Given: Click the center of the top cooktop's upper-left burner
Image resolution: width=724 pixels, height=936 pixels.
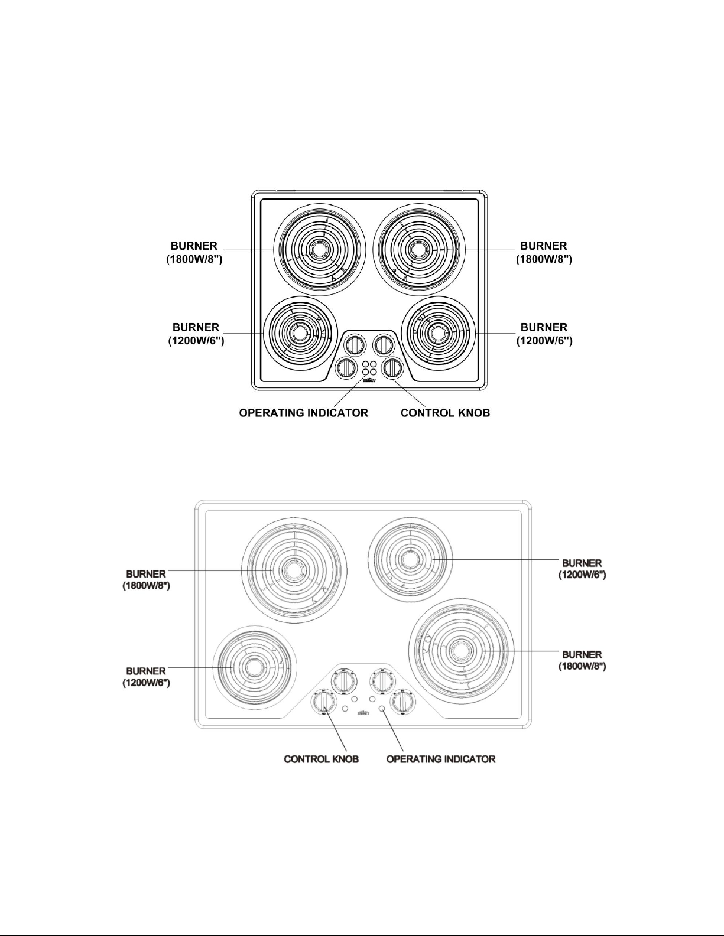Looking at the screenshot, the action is [x=320, y=250].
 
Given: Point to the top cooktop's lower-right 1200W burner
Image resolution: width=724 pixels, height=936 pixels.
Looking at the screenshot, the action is [x=439, y=333].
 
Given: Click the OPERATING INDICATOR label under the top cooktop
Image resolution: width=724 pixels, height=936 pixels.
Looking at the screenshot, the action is [x=303, y=413].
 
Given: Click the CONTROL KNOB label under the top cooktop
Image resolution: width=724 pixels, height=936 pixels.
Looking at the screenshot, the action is [x=445, y=413].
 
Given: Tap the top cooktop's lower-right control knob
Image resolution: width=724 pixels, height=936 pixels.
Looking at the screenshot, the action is [x=393, y=368].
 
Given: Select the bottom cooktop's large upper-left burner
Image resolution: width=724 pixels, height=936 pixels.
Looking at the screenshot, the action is [x=294, y=570].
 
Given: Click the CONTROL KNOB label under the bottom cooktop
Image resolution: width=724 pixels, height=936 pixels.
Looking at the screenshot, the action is [x=321, y=759].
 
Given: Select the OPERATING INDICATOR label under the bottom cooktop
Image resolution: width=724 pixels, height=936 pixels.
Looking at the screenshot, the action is [x=440, y=759].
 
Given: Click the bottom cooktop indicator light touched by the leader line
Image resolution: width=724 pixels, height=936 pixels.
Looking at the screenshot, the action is [x=382, y=708].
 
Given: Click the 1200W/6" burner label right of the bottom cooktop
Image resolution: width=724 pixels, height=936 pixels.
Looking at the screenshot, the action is [x=582, y=569].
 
